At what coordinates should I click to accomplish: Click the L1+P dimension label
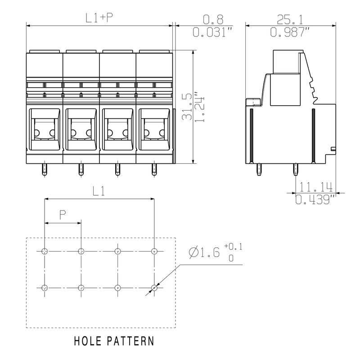(x=99, y=18)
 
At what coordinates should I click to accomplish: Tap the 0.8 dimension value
(x=213, y=19)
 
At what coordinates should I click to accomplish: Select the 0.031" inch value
(x=212, y=32)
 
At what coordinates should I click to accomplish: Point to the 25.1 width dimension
(x=290, y=19)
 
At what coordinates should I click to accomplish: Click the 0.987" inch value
(x=290, y=32)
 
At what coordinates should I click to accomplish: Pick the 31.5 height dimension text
(x=187, y=107)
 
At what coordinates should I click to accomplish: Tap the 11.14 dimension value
(x=316, y=187)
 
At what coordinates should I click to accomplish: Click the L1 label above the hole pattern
(x=99, y=191)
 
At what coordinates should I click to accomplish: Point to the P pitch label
(x=63, y=215)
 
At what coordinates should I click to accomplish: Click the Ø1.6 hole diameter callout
(x=204, y=252)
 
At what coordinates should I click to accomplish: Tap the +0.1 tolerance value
(x=233, y=247)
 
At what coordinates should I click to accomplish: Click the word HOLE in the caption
(x=88, y=341)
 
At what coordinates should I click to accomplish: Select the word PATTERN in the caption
(x=130, y=341)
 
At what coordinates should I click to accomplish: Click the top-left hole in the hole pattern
(x=45, y=251)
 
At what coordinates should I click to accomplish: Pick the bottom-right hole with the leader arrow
(x=154, y=288)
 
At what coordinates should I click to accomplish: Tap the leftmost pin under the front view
(x=45, y=170)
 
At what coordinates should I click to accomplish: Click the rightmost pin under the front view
(x=154, y=170)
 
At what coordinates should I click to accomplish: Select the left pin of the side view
(x=259, y=170)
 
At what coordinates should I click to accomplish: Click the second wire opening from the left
(x=81, y=129)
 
